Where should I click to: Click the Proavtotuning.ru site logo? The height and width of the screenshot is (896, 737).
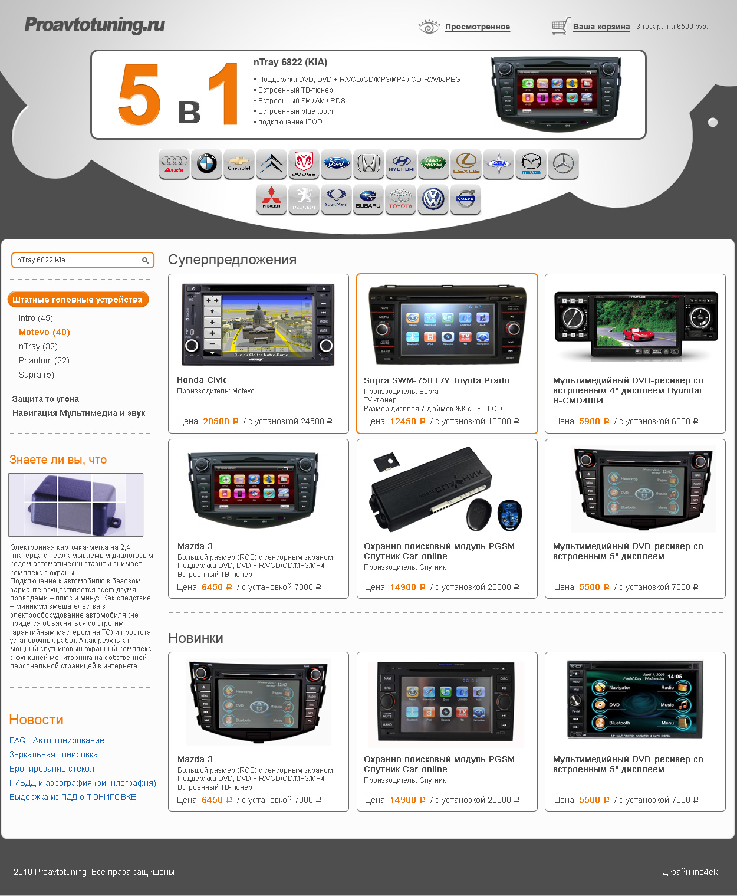pyautogui.click(x=94, y=25)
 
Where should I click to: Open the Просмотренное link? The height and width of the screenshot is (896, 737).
pyautogui.click(x=477, y=27)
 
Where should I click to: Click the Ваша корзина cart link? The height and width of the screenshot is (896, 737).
pyautogui.click(x=601, y=27)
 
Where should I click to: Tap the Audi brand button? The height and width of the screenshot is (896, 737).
pyautogui.click(x=174, y=164)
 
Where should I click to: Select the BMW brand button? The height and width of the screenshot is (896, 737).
pyautogui.click(x=206, y=164)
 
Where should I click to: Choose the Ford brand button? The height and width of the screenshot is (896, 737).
pyautogui.click(x=336, y=164)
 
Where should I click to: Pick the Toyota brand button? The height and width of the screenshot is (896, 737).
pyautogui.click(x=400, y=199)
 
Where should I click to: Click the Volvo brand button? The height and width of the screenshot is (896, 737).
pyautogui.click(x=465, y=199)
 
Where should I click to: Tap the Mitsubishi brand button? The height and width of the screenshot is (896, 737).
pyautogui.click(x=271, y=199)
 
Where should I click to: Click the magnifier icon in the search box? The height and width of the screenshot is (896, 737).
pyautogui.click(x=145, y=260)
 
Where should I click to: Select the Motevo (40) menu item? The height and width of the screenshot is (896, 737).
pyautogui.click(x=44, y=332)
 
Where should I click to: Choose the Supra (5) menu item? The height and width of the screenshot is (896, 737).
pyautogui.click(x=36, y=375)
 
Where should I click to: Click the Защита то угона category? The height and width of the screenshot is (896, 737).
pyautogui.click(x=45, y=399)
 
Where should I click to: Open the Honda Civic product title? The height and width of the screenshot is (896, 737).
pyautogui.click(x=202, y=380)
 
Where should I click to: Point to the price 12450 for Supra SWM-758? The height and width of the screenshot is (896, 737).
pyautogui.click(x=403, y=421)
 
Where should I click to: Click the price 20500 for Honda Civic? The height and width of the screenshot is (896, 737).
pyautogui.click(x=216, y=421)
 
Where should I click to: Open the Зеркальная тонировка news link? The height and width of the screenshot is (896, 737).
pyautogui.click(x=54, y=754)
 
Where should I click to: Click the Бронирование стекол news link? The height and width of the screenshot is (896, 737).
pyautogui.click(x=52, y=769)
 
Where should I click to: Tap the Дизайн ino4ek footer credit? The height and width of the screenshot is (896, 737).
pyautogui.click(x=690, y=872)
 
